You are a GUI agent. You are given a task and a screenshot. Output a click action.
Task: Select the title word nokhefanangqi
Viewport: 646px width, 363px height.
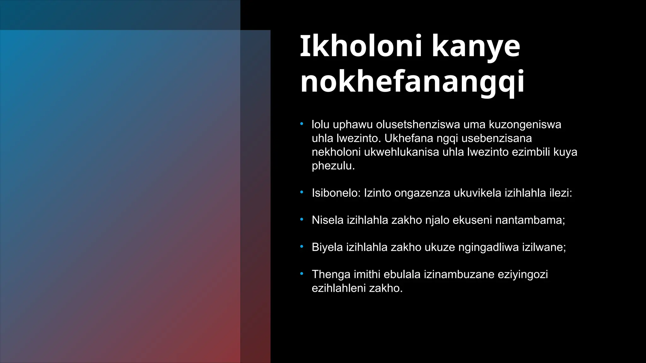tap(412, 82)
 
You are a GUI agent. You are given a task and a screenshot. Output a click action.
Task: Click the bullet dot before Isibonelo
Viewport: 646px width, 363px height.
tap(302, 192)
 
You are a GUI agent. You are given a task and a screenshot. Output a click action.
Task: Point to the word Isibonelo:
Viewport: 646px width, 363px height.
tap(336, 193)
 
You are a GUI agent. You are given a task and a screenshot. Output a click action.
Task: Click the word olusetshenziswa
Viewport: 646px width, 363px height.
tap(418, 124)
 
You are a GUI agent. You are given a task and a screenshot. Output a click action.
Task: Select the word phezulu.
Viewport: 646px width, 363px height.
tap(333, 166)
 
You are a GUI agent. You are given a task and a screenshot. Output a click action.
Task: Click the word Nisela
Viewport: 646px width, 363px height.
tap(327, 220)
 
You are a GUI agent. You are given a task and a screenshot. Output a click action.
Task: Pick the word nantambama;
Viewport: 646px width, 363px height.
tap(530, 220)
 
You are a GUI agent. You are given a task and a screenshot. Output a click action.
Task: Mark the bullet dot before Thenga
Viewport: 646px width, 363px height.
tap(302, 274)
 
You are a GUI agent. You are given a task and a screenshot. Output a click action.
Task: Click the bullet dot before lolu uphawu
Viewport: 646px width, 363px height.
tap(302, 124)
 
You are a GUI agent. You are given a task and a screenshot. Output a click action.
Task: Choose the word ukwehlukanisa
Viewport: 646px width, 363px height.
tap(402, 152)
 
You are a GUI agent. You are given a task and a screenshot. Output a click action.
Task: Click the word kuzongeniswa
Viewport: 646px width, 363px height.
tap(525, 124)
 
